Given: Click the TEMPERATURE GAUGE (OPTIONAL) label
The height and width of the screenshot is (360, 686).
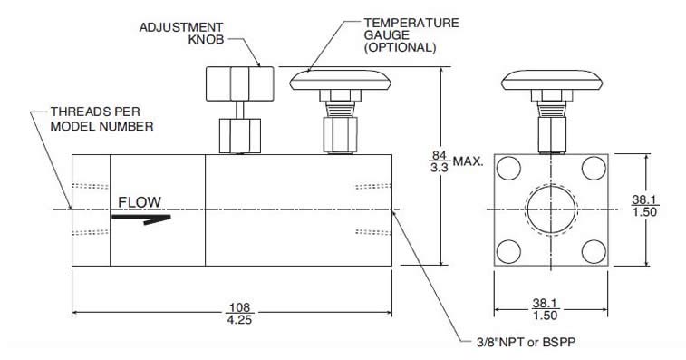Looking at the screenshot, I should (400, 34).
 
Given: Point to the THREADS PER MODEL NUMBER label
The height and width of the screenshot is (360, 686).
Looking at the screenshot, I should (101, 120).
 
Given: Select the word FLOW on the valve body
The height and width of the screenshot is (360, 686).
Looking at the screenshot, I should (139, 200).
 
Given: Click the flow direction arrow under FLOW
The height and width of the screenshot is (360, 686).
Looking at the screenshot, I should (140, 218).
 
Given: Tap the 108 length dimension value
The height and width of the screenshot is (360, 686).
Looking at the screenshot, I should (238, 306).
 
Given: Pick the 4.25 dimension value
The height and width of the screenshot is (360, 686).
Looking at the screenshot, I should (238, 320).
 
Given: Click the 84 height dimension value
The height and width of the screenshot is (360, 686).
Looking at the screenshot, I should (441, 157).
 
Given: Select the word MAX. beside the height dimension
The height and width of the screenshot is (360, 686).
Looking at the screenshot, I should (469, 164).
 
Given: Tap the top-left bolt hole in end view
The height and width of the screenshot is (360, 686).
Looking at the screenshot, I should (509, 168).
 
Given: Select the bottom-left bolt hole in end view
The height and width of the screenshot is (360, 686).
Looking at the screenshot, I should (509, 250).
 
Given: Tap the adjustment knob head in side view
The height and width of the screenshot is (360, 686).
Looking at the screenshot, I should (235, 83).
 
